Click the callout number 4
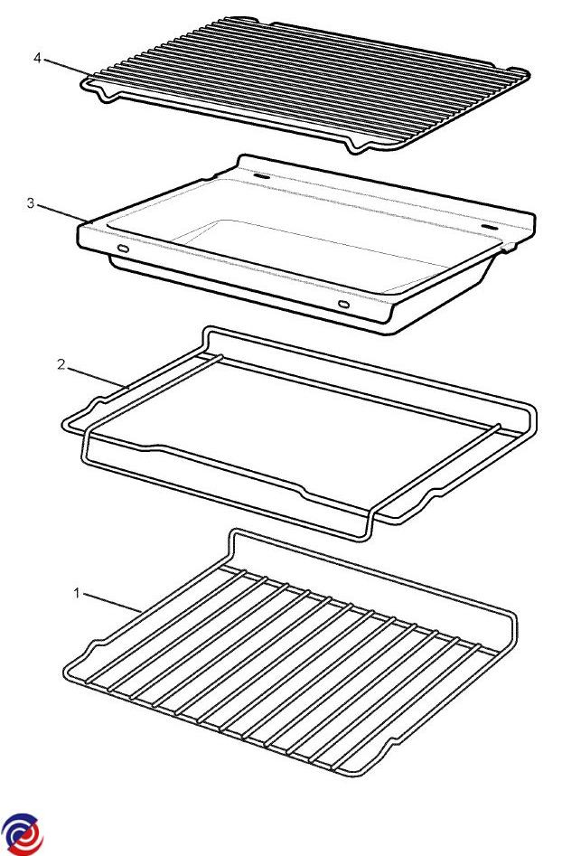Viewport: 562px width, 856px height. pyautogui.click(x=37, y=57)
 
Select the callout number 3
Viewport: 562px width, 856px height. pyautogui.click(x=31, y=203)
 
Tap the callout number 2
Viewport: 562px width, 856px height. pyautogui.click(x=61, y=364)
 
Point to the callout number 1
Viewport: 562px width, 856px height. pyautogui.click(x=77, y=593)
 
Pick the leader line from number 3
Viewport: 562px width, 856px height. pyautogui.click(x=62, y=213)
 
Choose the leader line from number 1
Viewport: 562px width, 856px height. pyautogui.click(x=112, y=602)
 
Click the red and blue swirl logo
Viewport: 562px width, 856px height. pyautogui.click(x=22, y=834)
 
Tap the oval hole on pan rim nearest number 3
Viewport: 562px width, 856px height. pyautogui.click(x=123, y=249)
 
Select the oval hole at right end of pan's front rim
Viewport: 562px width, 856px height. pyautogui.click(x=343, y=304)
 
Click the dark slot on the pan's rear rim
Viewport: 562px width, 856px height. pyautogui.click(x=261, y=178)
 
